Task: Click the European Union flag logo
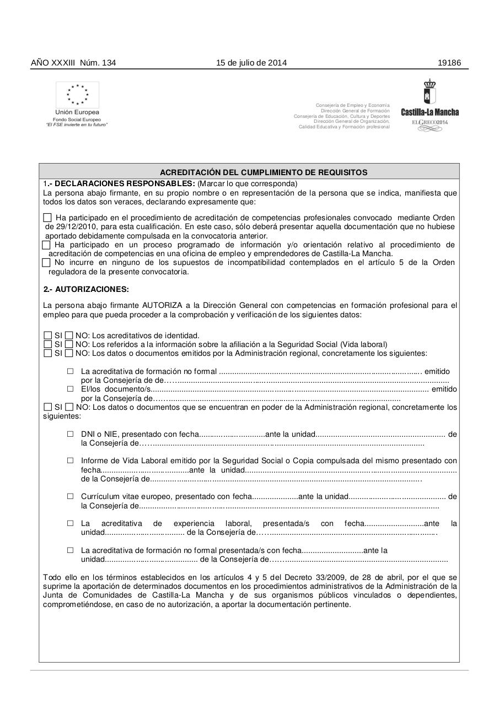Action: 77,95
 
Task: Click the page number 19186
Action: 449,63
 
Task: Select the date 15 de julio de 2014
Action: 251,63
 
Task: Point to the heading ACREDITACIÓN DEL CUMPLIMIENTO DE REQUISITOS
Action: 264,172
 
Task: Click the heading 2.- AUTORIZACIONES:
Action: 86,289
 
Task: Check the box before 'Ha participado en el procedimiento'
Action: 47,218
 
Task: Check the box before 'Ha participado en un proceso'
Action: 46,245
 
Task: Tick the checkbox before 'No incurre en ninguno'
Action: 46,263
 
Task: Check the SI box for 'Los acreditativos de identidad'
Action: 47,335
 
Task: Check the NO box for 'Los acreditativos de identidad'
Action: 69,335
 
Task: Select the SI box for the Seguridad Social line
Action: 47,344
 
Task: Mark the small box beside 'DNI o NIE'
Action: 70,434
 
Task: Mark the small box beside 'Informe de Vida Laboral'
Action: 70,460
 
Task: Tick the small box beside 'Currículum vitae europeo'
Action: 70,496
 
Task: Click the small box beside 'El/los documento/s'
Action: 70,389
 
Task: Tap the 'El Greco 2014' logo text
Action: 430,122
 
